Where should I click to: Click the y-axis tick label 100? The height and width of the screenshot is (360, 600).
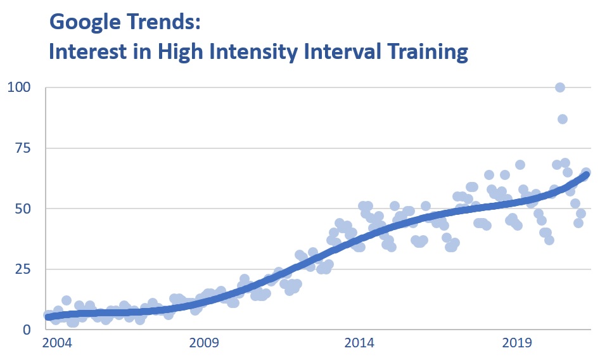tap(18, 87)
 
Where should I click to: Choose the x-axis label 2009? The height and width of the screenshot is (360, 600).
tap(204, 344)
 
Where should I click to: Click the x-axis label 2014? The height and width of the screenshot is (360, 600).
tap(360, 344)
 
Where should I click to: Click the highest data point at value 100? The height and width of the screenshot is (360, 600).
tap(560, 87)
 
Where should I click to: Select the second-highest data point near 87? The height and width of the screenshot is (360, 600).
tap(562, 119)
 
